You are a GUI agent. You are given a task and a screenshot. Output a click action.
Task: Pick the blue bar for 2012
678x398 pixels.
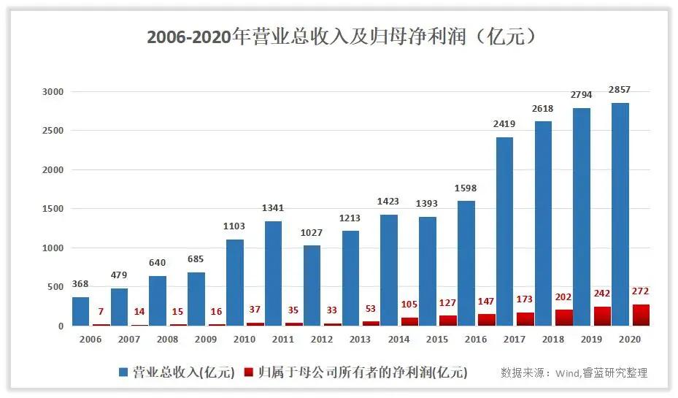[312, 285]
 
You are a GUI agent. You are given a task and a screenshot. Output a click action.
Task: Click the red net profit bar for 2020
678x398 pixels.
[640, 315]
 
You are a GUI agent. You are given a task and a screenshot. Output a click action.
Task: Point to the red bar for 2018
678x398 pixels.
[563, 318]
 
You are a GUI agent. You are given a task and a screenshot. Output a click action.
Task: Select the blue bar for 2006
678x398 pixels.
[80, 311]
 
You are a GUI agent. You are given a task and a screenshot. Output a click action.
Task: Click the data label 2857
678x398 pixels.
[620, 90]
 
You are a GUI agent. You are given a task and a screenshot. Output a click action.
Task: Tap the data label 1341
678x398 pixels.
[273, 208]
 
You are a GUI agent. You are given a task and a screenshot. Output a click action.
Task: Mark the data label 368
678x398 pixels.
[80, 284]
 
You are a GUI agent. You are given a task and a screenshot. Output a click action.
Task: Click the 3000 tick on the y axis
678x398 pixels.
[53, 92]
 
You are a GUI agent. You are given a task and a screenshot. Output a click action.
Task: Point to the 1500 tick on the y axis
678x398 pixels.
[53, 209]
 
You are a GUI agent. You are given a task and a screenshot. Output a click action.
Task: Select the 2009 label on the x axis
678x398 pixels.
[206, 340]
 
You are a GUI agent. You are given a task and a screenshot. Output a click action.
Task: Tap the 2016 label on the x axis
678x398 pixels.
[475, 340]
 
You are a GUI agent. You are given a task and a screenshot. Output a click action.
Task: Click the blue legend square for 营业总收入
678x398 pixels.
[123, 372]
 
